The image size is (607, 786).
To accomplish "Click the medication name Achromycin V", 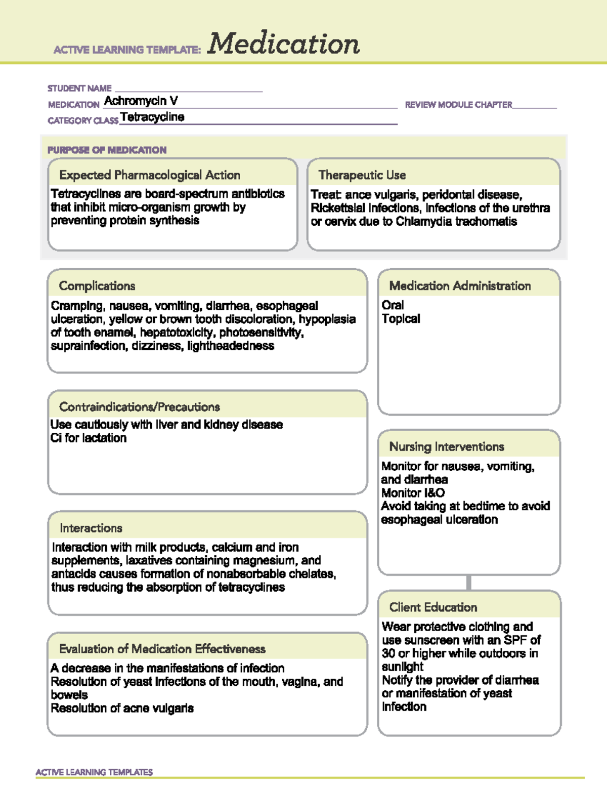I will [x=141, y=101].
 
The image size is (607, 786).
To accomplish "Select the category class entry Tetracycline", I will [x=152, y=117].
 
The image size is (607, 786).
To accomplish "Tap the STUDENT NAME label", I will [x=79, y=89].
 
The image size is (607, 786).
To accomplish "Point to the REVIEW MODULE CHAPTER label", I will [x=458, y=105].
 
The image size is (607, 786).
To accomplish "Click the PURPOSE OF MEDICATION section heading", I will [x=107, y=150].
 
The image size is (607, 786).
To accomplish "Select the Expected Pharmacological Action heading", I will [x=150, y=175].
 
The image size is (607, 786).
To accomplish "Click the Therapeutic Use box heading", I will [x=362, y=175].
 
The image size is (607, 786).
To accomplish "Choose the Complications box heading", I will [x=97, y=286].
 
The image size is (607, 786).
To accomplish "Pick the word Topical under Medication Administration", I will [x=401, y=319].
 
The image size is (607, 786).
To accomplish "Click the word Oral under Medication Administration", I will [x=393, y=305].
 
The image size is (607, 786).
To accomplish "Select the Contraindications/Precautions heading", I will [x=140, y=407].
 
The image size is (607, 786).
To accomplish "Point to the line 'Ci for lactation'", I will [x=89, y=438].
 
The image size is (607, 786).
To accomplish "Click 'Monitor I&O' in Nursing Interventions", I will [x=413, y=493].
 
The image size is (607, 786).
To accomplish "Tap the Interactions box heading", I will [x=91, y=528].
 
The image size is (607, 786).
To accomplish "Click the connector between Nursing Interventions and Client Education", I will [x=469, y=583].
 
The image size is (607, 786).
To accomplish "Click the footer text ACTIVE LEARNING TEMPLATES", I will [x=94, y=772].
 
